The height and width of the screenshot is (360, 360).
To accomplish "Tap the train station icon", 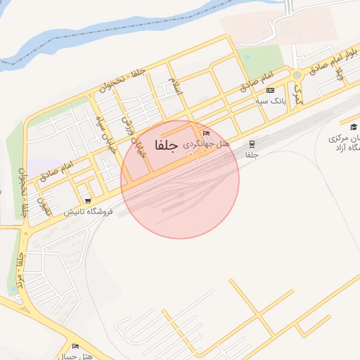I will pos(252,143).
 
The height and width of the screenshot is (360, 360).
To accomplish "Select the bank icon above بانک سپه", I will pos(270,91).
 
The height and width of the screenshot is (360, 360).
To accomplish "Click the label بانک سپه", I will pos(270,101).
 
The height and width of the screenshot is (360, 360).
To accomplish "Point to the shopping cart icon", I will pos(87,200).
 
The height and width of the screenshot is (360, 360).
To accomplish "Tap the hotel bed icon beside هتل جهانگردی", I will pos(205,133).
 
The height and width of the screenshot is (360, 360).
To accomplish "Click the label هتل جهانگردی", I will pos(203,143).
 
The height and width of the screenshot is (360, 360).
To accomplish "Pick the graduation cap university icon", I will pos(354,127).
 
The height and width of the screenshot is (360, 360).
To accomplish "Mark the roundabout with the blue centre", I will pos(297,75).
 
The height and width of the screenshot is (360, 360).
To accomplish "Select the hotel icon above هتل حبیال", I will pos(75,346).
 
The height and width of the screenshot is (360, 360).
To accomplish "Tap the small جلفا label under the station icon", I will pos(252,154).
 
